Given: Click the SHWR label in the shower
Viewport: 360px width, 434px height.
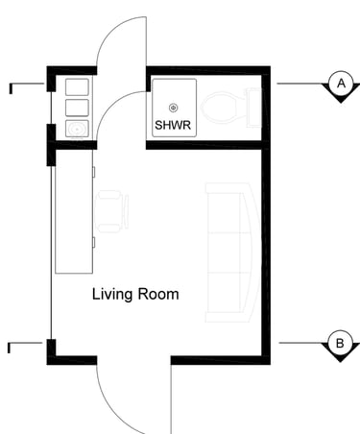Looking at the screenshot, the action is pyautogui.click(x=173, y=125).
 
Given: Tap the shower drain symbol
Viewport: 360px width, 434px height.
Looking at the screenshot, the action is pyautogui.click(x=174, y=108).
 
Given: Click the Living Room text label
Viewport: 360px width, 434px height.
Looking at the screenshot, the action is pyautogui.click(x=135, y=295).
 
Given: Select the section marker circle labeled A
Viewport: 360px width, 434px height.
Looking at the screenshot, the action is pyautogui.click(x=341, y=84).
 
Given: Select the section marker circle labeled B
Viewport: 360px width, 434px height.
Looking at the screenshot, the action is pyautogui.click(x=340, y=343).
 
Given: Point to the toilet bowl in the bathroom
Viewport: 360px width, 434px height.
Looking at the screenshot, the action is pyautogui.click(x=219, y=108).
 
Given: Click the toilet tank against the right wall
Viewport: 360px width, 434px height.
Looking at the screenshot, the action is pyautogui.click(x=253, y=108).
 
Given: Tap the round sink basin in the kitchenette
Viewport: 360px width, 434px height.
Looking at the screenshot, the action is pyautogui.click(x=77, y=130).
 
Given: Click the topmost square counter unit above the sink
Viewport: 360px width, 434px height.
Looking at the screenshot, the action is pyautogui.click(x=77, y=87).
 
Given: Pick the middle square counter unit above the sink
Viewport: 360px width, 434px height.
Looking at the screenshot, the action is pyautogui.click(x=77, y=108).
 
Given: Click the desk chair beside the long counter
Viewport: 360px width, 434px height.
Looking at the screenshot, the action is pyautogui.click(x=111, y=211).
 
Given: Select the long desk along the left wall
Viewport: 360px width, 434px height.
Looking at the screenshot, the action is pyautogui.click(x=74, y=211).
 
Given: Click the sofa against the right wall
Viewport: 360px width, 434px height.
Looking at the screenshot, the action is pyautogui.click(x=231, y=253).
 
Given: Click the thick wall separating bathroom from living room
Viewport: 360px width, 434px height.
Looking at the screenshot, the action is pyautogui.click(x=204, y=145).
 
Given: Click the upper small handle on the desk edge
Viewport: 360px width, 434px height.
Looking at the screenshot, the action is pyautogui.click(x=94, y=172).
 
